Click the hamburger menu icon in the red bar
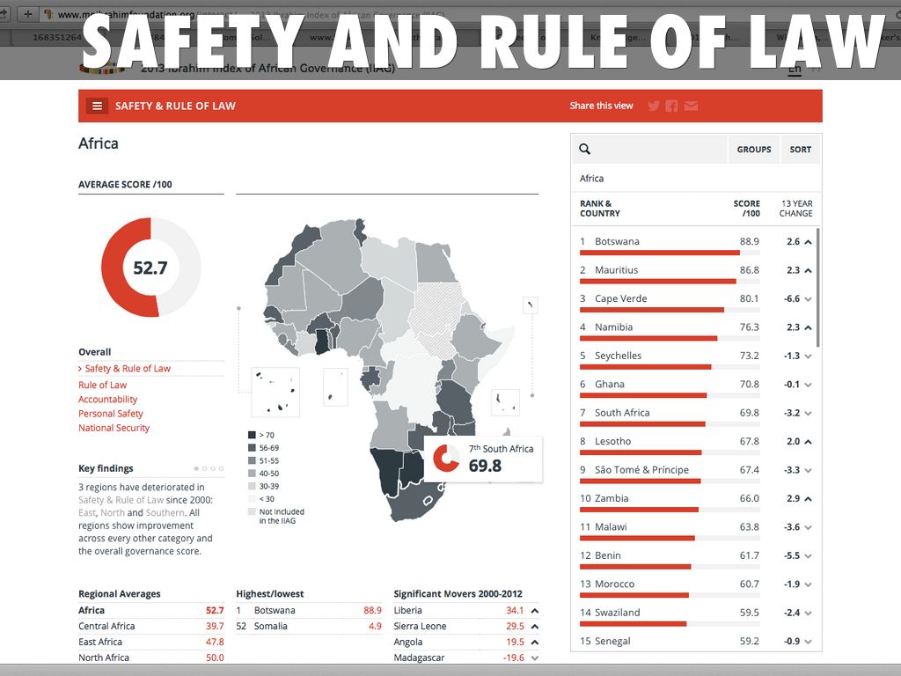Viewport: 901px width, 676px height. tap(97, 106)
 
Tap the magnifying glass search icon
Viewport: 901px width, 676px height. tap(585, 150)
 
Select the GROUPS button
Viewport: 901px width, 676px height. tap(753, 150)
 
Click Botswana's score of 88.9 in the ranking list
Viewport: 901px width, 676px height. tap(749, 241)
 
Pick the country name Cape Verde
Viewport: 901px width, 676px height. tap(620, 298)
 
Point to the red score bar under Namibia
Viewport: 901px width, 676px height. tap(648, 338)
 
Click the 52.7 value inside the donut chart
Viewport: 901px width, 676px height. tap(150, 268)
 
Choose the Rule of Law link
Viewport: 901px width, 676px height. tap(102, 385)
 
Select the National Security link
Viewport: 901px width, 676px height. tap(114, 428)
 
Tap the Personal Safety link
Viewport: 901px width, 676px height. tap(110, 414)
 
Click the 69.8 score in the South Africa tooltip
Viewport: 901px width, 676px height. tap(485, 466)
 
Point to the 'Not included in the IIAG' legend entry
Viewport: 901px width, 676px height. tap(281, 516)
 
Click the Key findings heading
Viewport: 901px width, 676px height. tap(106, 468)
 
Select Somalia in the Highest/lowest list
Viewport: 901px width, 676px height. tap(270, 626)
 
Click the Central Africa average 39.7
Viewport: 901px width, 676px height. tap(215, 626)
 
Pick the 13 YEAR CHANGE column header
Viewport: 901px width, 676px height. tap(795, 209)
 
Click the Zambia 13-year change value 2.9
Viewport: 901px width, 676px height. tap(793, 498)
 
